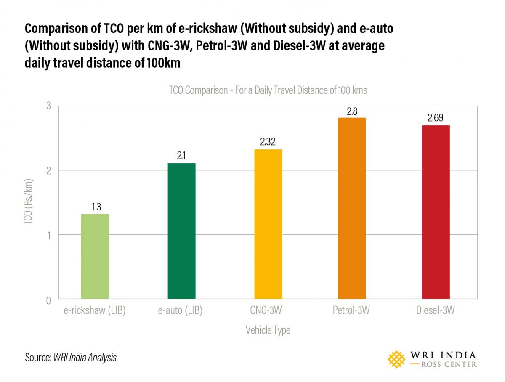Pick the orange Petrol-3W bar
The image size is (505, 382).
click(352, 209)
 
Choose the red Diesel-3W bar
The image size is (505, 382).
click(436, 212)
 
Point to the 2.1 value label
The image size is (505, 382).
click(181, 156)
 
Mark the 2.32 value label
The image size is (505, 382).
click(268, 142)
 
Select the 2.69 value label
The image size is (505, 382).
click(436, 118)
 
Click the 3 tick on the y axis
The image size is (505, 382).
click(48, 106)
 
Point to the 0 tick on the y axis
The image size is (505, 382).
click(48, 300)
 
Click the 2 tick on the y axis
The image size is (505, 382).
click(48, 170)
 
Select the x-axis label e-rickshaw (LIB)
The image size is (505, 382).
click(95, 311)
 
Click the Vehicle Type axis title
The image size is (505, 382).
click(268, 330)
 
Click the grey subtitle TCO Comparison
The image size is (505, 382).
click(268, 90)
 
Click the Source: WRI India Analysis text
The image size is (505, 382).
click(71, 358)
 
